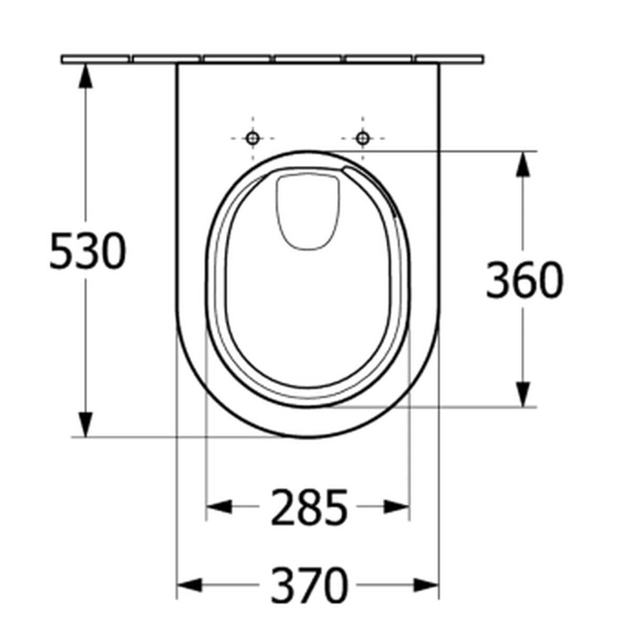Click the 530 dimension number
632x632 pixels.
coord(87,251)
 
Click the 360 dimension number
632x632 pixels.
coord(524,280)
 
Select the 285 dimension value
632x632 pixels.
coord(309,508)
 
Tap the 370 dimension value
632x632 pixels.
coord(309,585)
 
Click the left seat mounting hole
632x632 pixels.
coord(253,139)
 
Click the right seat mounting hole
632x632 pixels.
coord(362,139)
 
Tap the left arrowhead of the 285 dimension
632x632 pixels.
coord(219,507)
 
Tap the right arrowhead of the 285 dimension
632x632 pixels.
coord(396,507)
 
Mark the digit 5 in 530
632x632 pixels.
coord(62,251)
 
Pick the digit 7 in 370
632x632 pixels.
coord(309,585)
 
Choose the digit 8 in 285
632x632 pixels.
coord(309,508)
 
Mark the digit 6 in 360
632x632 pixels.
coord(524,280)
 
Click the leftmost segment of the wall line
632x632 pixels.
coord(95,58)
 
